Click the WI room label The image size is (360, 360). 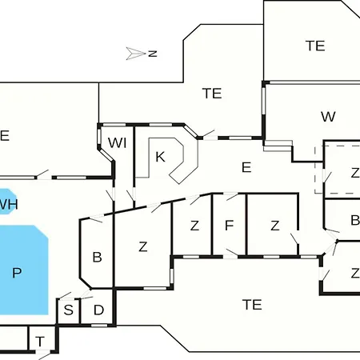click(118, 143)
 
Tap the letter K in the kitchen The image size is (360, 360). click(160, 157)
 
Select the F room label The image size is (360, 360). click(230, 226)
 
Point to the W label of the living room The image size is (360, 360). click(328, 117)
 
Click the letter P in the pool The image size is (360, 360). click(17, 273)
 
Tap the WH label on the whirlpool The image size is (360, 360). click(9, 204)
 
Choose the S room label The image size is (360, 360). click(69, 310)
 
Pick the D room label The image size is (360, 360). click(98, 310)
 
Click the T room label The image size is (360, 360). click(40, 342)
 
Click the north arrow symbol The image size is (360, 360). click(135, 54)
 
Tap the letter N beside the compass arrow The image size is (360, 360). click(153, 54)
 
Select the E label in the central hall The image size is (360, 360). click(246, 167)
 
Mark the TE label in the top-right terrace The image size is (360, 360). click(315, 46)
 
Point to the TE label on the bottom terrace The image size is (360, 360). click(252, 305)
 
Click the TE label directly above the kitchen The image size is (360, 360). click(212, 94)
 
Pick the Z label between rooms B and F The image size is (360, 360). click(194, 226)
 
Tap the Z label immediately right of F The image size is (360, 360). click(275, 226)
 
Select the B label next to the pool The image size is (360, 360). click(97, 257)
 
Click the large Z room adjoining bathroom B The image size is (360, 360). click(143, 246)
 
